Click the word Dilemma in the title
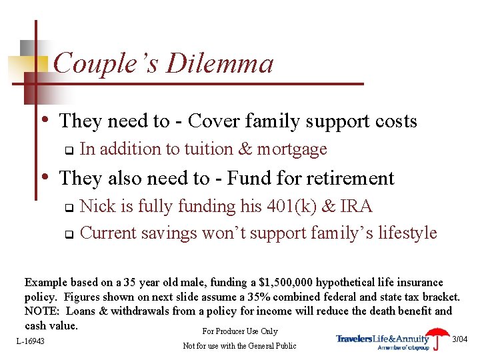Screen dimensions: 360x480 219,64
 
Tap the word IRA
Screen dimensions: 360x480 355,207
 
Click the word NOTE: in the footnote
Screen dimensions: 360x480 42,311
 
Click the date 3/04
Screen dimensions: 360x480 460,339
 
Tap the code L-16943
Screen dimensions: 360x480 31,341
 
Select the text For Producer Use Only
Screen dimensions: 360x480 239,331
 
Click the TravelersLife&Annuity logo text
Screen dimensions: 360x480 383,339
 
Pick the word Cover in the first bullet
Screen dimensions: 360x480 207,121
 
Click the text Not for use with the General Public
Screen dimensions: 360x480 239,345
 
